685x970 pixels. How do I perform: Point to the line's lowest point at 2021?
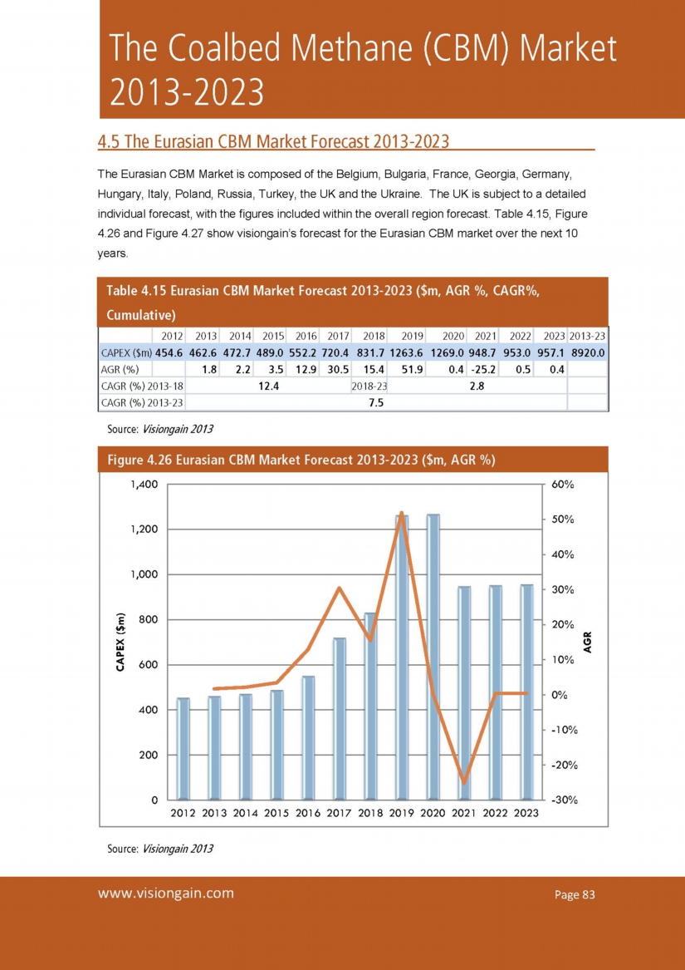[x=464, y=782]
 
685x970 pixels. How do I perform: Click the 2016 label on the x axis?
[x=308, y=814]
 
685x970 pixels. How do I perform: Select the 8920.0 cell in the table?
[x=588, y=352]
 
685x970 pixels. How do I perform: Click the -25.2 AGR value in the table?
[x=483, y=369]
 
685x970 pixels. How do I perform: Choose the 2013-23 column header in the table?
[x=588, y=336]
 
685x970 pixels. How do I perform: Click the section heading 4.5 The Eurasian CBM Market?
[x=273, y=140]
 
